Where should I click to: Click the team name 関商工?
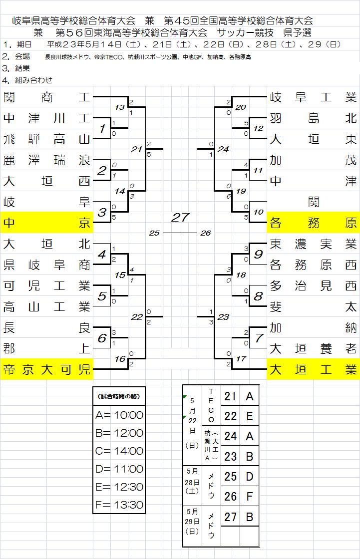point(46,97)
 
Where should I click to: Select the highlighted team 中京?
point(46,223)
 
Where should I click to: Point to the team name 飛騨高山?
point(46,139)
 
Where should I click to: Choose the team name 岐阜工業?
point(313,97)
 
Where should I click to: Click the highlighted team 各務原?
point(313,223)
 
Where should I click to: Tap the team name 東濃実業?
point(313,244)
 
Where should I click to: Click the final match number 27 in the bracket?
point(180,218)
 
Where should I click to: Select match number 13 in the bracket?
point(119,107)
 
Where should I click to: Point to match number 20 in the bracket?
point(241,107)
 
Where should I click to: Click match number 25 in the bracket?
point(154,233)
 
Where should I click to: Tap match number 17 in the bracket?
point(241,358)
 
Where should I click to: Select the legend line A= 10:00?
point(119,415)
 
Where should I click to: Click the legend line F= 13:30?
point(119,505)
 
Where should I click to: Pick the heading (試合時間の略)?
point(119,396)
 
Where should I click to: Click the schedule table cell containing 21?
point(230,396)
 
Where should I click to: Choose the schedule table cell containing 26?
point(230,496)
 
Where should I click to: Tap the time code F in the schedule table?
point(250,496)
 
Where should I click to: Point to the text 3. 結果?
point(16,68)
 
